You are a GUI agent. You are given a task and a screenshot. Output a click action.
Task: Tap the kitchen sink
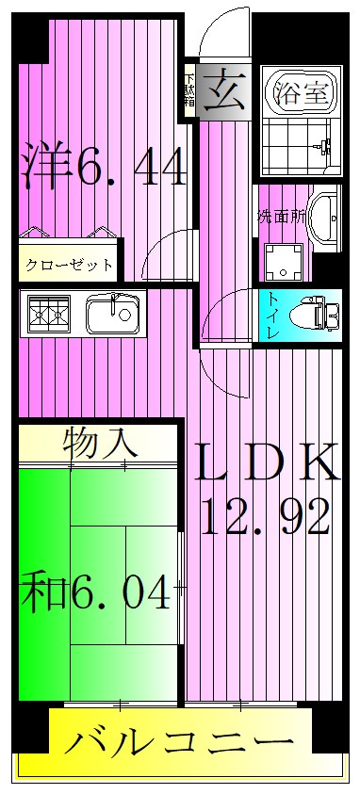(112, 314)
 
